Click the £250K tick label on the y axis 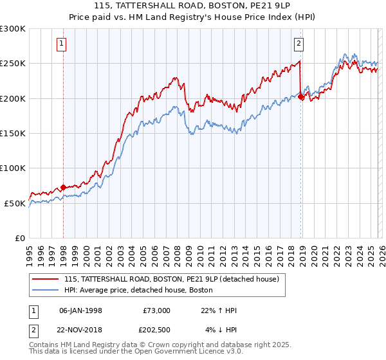(13, 64)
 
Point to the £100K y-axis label (13, 168)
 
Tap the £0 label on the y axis (21, 238)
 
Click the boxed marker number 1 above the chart (61, 44)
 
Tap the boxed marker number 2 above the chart (299, 44)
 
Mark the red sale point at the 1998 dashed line (63, 187)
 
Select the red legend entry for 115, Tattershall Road (171, 279)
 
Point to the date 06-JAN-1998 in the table (80, 310)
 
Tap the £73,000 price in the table (156, 310)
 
